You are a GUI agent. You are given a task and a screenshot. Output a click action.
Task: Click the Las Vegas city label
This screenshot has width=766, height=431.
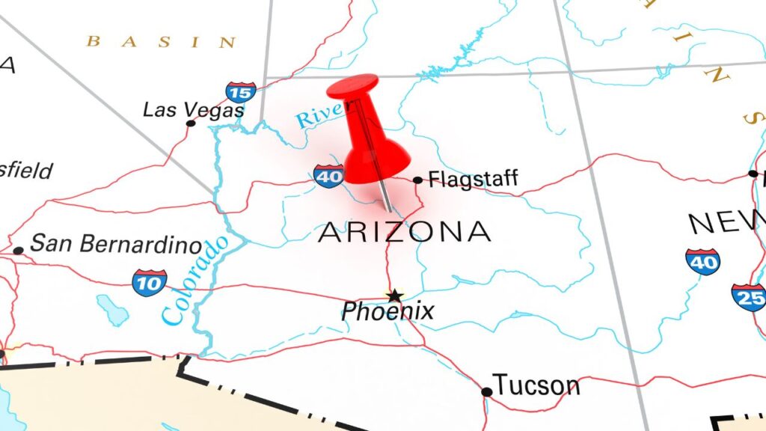(193, 110)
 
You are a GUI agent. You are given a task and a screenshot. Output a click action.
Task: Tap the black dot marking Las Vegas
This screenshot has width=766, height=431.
(191, 123)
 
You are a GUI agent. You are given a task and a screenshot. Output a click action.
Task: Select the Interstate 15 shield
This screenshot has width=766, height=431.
(241, 92)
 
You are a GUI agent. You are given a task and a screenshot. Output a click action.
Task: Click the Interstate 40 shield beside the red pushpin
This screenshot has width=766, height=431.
(328, 176)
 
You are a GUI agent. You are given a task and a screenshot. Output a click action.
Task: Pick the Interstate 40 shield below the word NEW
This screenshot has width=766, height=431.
(702, 261)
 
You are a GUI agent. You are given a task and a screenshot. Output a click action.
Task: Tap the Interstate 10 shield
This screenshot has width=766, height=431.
(149, 282)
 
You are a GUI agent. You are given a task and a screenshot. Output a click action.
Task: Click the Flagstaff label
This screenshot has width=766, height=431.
(473, 180)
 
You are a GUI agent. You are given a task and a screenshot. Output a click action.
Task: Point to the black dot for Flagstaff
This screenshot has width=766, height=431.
(417, 180)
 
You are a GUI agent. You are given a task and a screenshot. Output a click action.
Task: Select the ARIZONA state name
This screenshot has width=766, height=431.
(405, 233)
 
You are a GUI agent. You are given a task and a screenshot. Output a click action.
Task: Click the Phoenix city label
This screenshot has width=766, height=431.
(387, 311)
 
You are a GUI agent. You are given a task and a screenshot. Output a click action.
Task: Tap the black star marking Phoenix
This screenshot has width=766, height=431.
(393, 296)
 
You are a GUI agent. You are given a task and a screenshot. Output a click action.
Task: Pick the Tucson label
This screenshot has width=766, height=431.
(536, 386)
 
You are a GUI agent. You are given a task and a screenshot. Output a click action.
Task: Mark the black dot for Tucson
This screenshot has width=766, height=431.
(486, 391)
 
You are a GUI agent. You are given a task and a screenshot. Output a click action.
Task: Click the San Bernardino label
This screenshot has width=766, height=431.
(116, 245)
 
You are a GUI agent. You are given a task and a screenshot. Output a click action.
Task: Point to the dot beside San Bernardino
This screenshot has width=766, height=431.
(18, 250)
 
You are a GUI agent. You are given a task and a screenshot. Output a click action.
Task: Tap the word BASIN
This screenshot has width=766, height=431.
(161, 42)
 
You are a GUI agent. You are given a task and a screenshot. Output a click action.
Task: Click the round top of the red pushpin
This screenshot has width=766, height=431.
(352, 86)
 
